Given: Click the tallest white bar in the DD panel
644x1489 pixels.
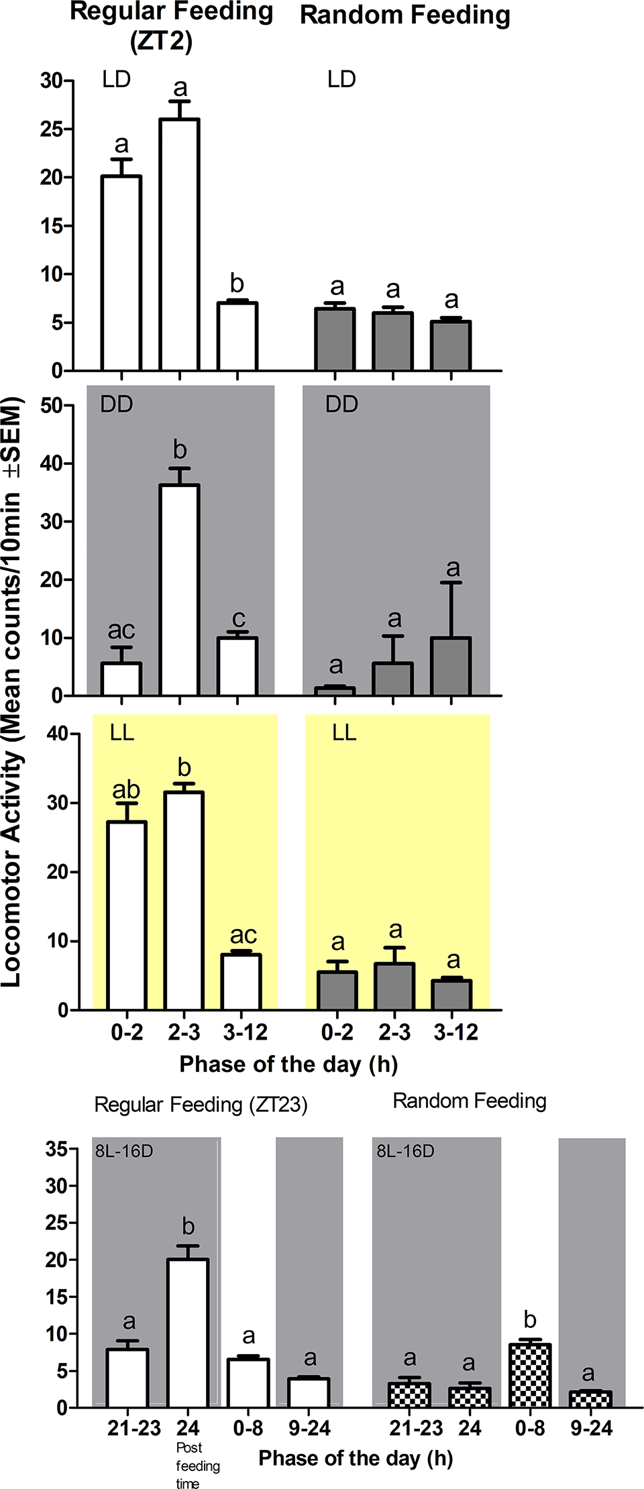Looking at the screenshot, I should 179,590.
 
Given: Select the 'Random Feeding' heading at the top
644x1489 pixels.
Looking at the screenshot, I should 405,15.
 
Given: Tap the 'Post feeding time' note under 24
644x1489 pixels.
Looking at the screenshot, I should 196,1466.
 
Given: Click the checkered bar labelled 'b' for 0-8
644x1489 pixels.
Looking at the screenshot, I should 530,1375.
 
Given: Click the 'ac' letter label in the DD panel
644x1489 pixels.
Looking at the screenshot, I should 121,630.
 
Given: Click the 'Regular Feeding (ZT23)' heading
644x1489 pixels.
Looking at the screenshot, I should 201,1105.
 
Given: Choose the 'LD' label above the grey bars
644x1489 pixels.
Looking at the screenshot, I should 341,80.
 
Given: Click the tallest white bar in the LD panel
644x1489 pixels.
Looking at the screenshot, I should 179,245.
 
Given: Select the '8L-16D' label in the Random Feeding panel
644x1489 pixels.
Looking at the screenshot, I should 405,1151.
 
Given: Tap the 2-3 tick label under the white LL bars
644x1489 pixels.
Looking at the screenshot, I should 184,1032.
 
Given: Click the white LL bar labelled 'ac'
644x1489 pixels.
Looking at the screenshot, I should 241,981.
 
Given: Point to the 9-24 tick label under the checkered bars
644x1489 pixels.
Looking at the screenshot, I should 591,1429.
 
